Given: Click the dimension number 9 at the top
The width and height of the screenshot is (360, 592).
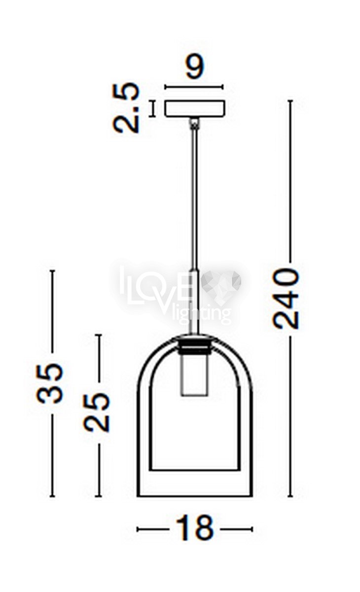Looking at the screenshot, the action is pyautogui.click(x=195, y=67).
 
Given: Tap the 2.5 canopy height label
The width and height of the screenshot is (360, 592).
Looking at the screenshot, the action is pyautogui.click(x=126, y=108).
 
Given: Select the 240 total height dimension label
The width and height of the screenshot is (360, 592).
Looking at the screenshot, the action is pyautogui.click(x=286, y=298).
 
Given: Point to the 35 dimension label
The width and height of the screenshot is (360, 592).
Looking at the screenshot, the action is pyautogui.click(x=50, y=383).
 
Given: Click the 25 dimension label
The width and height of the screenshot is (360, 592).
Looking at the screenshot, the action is pyautogui.click(x=96, y=412).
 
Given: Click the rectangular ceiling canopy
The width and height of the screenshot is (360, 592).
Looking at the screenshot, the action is pyautogui.click(x=195, y=109).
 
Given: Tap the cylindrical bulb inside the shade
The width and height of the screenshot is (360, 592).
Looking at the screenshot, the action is pyautogui.click(x=194, y=375).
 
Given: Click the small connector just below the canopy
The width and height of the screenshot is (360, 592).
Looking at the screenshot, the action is pyautogui.click(x=194, y=123).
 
